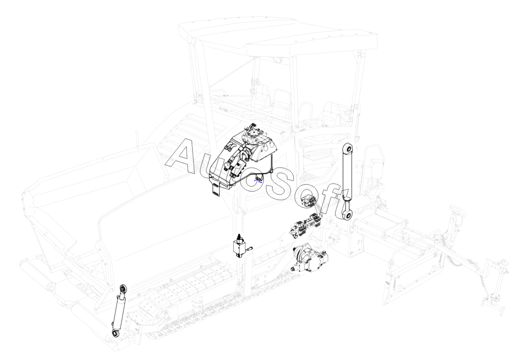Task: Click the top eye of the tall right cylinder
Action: tap(348, 149)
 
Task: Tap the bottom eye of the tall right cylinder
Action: tap(347, 215)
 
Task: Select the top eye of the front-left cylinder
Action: tap(123, 289)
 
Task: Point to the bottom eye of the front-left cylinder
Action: tap(115, 334)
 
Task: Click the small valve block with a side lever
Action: tap(240, 247)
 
